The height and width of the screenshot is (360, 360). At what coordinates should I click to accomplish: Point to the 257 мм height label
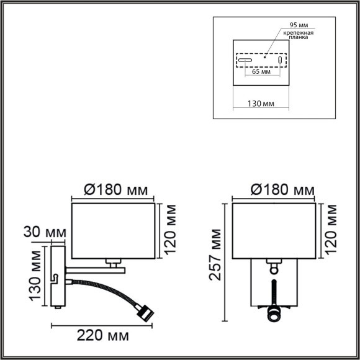(x=215, y=254)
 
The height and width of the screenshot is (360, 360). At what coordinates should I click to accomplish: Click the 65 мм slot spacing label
(x=261, y=72)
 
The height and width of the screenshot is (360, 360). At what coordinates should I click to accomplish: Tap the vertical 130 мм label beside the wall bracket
(x=36, y=277)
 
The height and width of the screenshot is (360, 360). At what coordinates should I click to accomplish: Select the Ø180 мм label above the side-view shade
(x=112, y=189)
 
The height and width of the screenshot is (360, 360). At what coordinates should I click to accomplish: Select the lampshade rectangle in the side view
(x=112, y=230)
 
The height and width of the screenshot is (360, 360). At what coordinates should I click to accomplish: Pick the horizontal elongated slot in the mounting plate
(x=244, y=61)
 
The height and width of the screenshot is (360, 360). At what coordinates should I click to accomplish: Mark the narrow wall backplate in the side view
(x=56, y=277)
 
